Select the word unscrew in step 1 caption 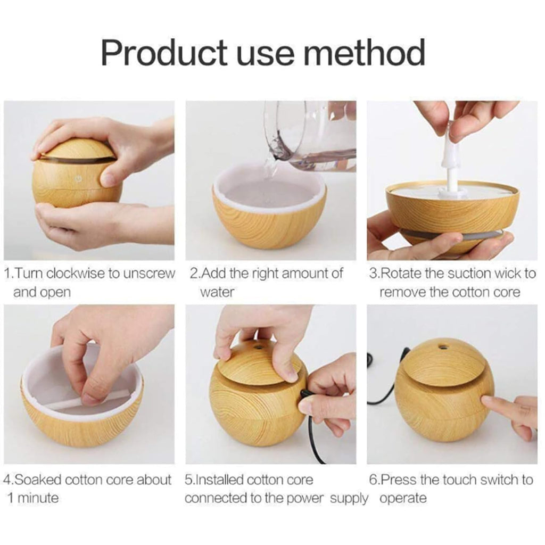pyautogui.click(x=148, y=274)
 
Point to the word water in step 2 pyautogui.click(x=217, y=292)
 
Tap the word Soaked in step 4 pyautogui.click(x=38, y=480)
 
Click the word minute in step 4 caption pyautogui.click(x=38, y=499)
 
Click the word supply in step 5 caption pyautogui.click(x=349, y=499)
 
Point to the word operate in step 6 pyautogui.click(x=403, y=499)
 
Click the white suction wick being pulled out pyautogui.click(x=452, y=165)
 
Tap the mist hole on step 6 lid pyautogui.click(x=442, y=348)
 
